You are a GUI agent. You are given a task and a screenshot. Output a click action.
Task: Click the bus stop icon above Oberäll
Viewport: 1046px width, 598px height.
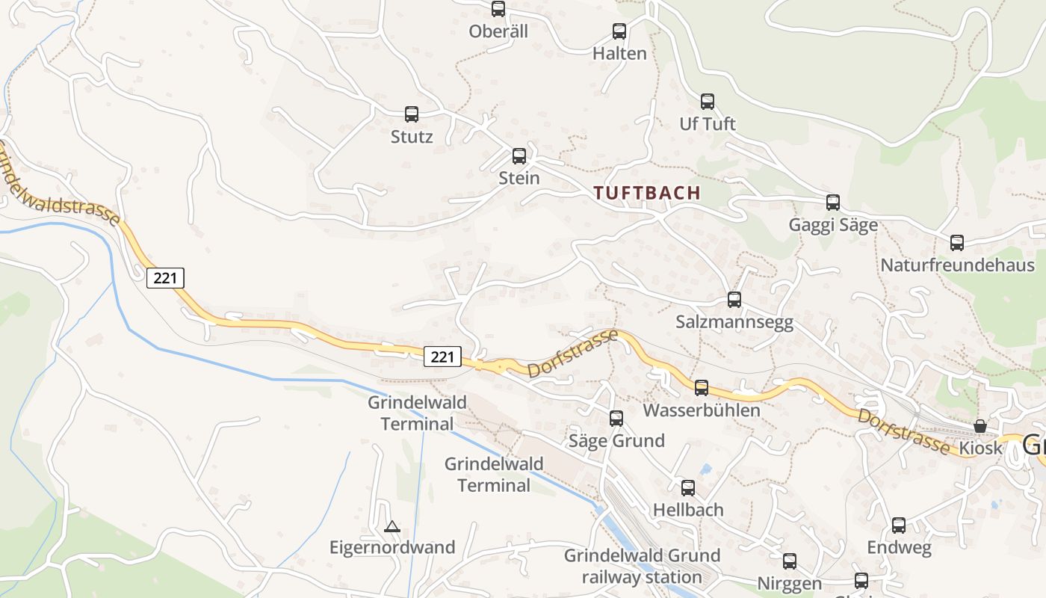[498, 9]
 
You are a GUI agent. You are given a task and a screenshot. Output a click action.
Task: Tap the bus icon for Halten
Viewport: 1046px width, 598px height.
[619, 31]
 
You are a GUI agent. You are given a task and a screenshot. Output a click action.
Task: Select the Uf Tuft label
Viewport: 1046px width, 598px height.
[708, 123]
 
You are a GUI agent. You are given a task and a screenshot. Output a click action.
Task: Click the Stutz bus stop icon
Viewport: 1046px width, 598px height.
[412, 114]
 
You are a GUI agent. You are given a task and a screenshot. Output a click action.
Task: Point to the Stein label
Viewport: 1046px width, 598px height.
[519, 178]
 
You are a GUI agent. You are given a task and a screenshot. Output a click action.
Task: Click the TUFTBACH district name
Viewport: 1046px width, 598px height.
[647, 193]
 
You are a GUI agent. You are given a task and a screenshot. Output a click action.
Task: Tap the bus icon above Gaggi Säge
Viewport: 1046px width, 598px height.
[833, 203]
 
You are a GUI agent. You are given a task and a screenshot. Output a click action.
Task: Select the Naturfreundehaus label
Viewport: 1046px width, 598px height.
[957, 265]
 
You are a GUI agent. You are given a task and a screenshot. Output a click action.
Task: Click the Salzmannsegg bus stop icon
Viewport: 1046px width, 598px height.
[734, 300]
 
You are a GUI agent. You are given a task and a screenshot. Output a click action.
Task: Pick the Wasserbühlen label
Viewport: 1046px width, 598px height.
[702, 410]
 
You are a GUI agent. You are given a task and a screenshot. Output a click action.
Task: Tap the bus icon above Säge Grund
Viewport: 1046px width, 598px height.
[616, 419]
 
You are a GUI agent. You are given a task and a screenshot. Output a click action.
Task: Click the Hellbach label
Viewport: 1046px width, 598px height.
[688, 510]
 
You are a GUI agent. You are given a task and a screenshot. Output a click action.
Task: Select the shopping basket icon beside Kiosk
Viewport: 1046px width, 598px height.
[980, 426]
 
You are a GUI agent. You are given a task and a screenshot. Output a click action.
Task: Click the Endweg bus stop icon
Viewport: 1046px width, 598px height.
[899, 525]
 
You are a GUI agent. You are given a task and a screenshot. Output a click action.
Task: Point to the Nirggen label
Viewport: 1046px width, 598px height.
[790, 583]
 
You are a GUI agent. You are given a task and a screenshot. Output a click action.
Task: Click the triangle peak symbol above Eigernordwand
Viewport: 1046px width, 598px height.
[392, 527]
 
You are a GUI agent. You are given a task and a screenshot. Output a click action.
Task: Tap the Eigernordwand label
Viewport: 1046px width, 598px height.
[392, 547]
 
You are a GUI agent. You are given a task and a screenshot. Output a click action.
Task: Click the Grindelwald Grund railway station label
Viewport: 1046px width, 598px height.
[642, 567]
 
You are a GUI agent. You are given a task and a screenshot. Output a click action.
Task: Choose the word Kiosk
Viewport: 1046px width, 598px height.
[980, 449]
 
